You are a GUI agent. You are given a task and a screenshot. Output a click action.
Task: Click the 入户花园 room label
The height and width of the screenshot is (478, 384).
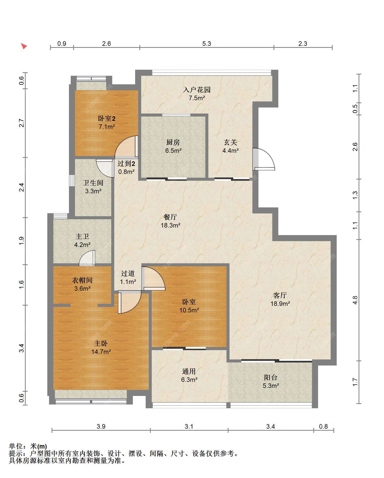(x=197, y=90)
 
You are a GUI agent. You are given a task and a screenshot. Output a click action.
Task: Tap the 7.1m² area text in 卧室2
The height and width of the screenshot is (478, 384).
(x=107, y=127)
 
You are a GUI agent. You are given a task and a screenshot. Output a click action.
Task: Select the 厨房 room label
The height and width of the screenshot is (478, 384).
(x=173, y=142)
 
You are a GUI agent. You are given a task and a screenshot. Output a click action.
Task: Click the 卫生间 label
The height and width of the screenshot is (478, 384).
(x=93, y=183)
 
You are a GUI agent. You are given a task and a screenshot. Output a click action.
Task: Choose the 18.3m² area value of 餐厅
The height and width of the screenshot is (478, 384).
(x=171, y=225)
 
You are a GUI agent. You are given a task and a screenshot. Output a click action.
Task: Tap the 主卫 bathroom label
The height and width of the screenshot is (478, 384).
(x=82, y=236)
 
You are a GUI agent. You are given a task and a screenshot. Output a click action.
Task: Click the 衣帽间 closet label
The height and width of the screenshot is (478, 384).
(x=82, y=280)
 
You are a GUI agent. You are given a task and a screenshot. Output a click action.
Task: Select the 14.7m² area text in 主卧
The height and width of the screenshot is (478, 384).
(x=101, y=352)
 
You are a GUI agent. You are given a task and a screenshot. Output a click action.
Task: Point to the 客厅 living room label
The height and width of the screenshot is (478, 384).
(x=280, y=295)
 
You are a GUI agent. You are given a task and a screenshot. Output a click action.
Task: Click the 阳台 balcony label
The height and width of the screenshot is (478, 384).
(x=271, y=377)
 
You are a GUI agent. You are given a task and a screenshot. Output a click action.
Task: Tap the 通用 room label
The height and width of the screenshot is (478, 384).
(x=189, y=371)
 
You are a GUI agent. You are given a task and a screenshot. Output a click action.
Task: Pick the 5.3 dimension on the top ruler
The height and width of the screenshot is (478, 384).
(x=207, y=44)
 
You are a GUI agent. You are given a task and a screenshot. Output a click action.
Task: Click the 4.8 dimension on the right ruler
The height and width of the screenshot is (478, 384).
(x=355, y=300)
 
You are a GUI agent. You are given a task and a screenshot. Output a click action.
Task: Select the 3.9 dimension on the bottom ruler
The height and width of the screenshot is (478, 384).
(x=101, y=426)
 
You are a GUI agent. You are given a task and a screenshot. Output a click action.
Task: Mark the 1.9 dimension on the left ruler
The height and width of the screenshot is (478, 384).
(x=22, y=241)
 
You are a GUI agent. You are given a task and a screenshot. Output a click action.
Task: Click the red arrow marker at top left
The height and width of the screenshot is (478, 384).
(x=24, y=46)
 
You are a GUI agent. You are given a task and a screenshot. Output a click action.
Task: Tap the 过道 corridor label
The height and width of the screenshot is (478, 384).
(x=128, y=273)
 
